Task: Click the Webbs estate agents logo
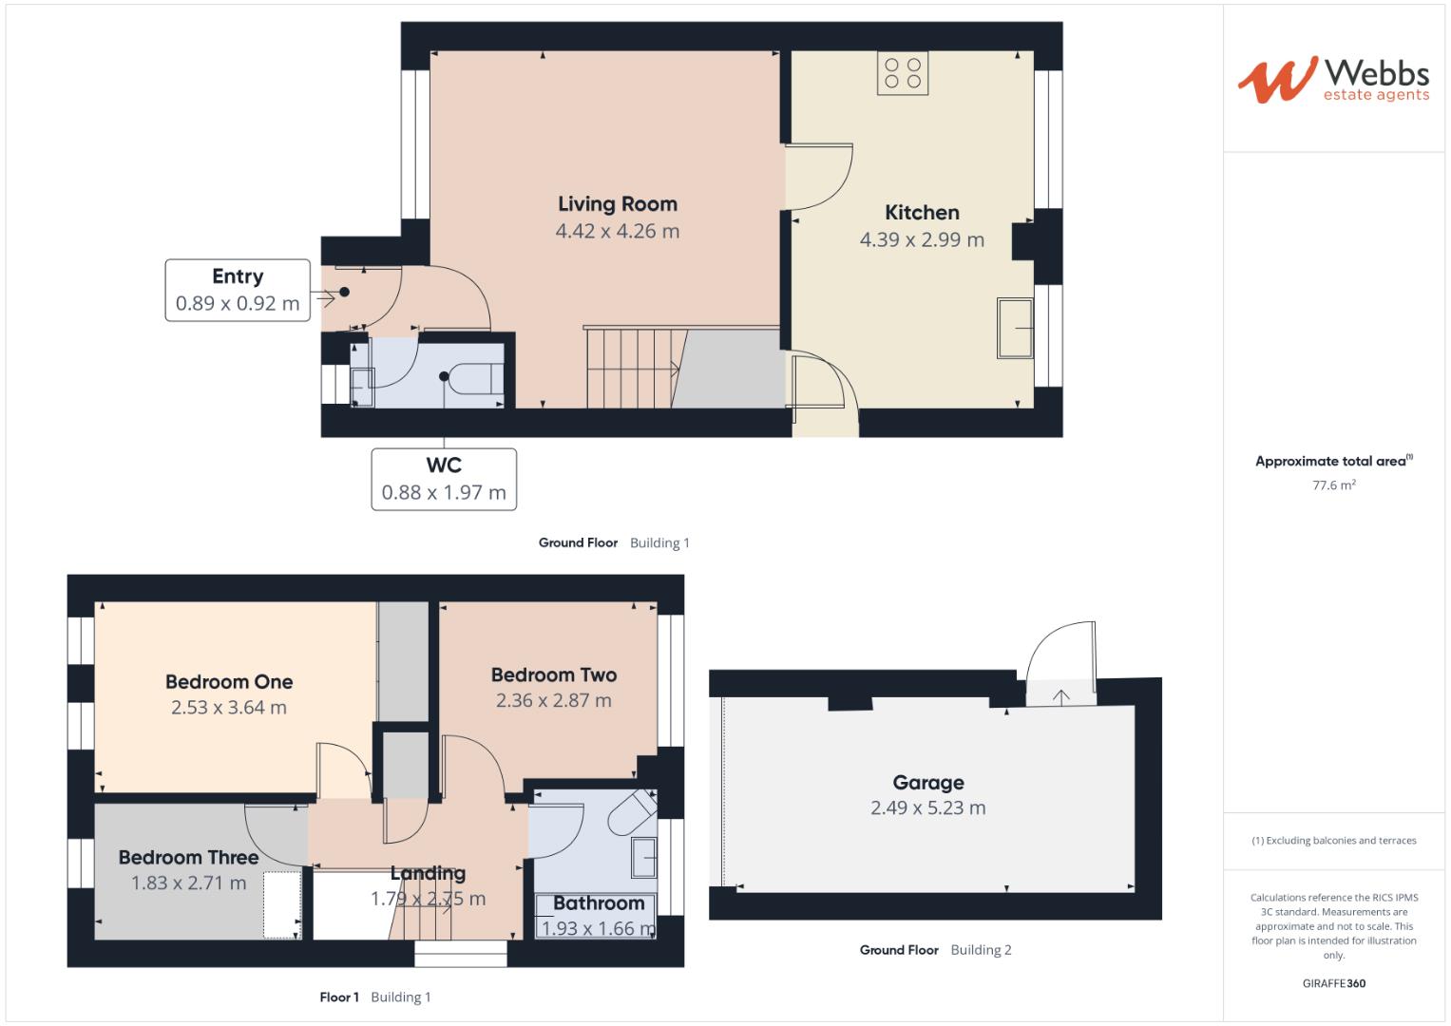click(x=1332, y=80)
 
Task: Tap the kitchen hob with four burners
click(x=903, y=73)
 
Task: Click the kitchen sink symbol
click(x=1015, y=329)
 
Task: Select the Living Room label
click(x=617, y=204)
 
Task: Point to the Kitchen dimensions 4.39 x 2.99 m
click(x=922, y=240)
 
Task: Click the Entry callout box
click(x=238, y=290)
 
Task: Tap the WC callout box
click(x=444, y=479)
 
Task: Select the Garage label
click(x=928, y=783)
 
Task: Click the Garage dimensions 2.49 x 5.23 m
click(x=928, y=808)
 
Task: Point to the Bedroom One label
click(x=229, y=682)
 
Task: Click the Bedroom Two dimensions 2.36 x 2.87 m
click(x=554, y=701)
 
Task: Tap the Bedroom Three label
click(x=188, y=858)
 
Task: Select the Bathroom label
click(x=599, y=903)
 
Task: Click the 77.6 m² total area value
click(x=1334, y=485)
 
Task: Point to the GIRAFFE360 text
click(x=1334, y=983)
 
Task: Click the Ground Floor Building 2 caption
click(x=935, y=950)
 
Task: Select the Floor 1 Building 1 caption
click(x=374, y=997)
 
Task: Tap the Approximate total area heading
click(x=1332, y=462)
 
